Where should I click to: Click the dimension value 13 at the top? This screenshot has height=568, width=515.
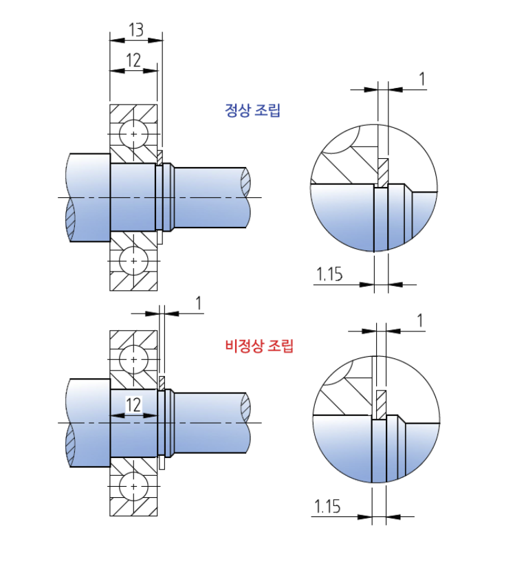[136, 30]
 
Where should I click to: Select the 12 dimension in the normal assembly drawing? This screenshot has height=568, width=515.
[133, 61]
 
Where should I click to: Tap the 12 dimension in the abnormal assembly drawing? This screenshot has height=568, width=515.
[133, 404]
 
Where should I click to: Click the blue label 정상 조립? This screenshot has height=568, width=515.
[253, 110]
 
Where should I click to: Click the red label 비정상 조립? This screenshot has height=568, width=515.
[259, 346]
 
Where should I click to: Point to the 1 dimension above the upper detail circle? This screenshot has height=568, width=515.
[421, 79]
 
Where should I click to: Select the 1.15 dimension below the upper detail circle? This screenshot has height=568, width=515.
[329, 275]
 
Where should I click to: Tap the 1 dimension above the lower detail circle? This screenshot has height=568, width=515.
[420, 320]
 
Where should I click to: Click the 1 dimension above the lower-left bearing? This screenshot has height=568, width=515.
[199, 303]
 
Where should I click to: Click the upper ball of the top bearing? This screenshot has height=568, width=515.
[133, 132]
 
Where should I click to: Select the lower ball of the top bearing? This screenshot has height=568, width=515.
[133, 261]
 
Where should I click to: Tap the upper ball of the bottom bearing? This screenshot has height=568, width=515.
[133, 358]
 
